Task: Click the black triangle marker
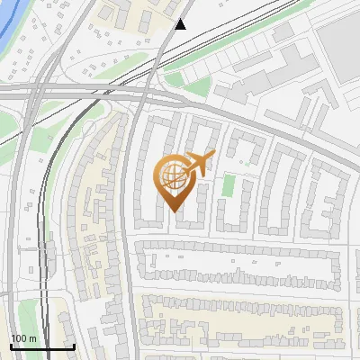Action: point(181,24)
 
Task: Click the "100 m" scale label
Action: point(23,338)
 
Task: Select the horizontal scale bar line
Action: point(42,346)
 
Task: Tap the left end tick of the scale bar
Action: point(12,346)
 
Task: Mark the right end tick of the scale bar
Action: point(74,346)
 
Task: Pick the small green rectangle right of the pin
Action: point(229,185)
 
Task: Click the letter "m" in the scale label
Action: point(32,338)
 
